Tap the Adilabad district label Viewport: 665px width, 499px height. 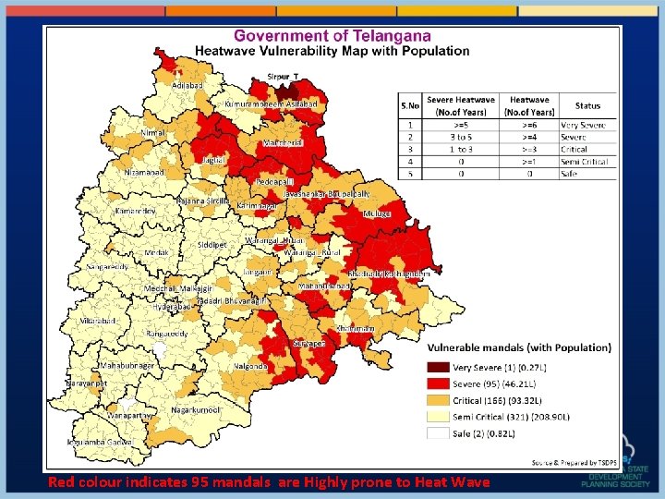(188, 85)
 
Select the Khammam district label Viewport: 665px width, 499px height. (356, 328)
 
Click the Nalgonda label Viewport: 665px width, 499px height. (251, 367)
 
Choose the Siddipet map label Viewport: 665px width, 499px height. (212, 245)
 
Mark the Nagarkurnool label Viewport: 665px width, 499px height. (197, 409)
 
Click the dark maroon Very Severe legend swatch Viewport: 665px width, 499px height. (438, 367)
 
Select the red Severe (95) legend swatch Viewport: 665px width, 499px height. (438, 383)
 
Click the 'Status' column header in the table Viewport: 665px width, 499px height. (587, 106)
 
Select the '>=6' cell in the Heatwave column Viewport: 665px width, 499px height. (529, 124)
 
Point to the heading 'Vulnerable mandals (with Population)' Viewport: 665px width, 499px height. (518, 347)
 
